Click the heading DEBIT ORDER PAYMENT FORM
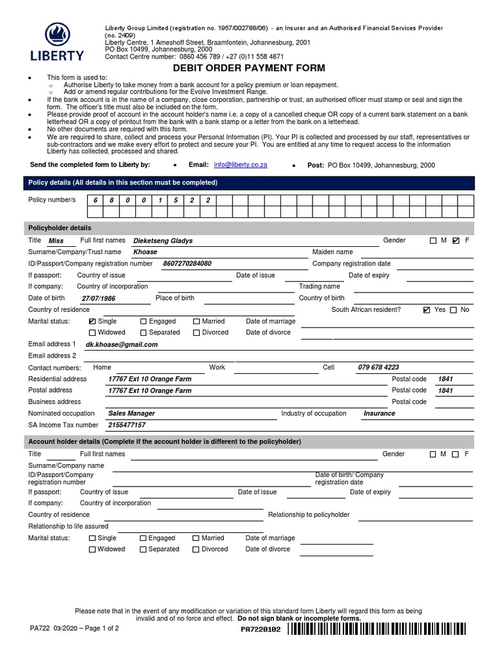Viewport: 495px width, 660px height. [248, 68]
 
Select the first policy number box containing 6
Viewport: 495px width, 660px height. [95, 200]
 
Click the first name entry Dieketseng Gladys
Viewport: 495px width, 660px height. [162, 240]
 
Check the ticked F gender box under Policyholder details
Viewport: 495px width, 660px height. [456, 240]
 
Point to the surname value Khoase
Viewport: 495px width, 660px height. [145, 252]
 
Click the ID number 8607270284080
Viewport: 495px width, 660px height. [187, 264]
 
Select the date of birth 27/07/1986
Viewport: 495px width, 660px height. [99, 299]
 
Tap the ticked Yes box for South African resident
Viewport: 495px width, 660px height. [426, 310]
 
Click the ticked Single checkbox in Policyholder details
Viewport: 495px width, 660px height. [92, 321]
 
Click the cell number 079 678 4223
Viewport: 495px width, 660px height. [378, 367]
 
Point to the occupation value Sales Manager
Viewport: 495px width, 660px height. [131, 414]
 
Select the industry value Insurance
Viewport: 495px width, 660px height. [379, 414]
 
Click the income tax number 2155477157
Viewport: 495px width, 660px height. [126, 425]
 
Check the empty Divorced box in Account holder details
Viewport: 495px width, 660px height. [196, 550]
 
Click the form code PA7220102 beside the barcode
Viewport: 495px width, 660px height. [260, 630]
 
